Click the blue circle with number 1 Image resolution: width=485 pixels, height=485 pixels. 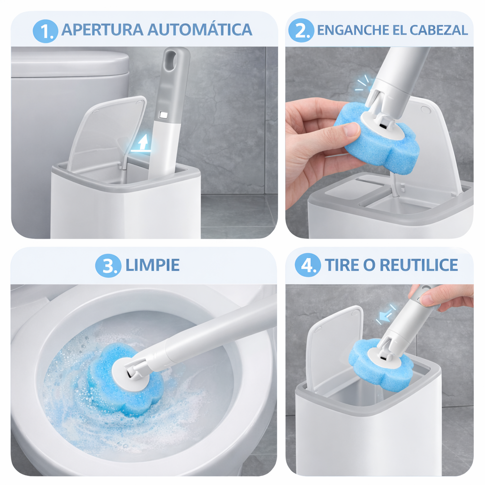[x=45, y=31]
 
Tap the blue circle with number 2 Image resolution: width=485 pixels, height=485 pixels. [x=301, y=30]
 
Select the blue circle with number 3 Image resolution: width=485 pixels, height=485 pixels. [x=108, y=265]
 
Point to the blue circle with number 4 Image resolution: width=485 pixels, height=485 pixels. [x=307, y=265]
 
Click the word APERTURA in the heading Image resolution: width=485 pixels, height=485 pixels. [x=102, y=30]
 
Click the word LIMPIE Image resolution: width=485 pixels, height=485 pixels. [x=153, y=265]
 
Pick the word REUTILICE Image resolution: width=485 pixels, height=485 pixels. [x=419, y=265]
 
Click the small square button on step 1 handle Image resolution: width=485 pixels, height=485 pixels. [x=163, y=115]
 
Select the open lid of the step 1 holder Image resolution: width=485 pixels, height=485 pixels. [x=107, y=134]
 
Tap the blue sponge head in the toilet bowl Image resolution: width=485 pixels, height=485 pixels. [x=124, y=380]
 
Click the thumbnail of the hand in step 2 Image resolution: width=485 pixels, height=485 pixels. [x=351, y=130]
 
